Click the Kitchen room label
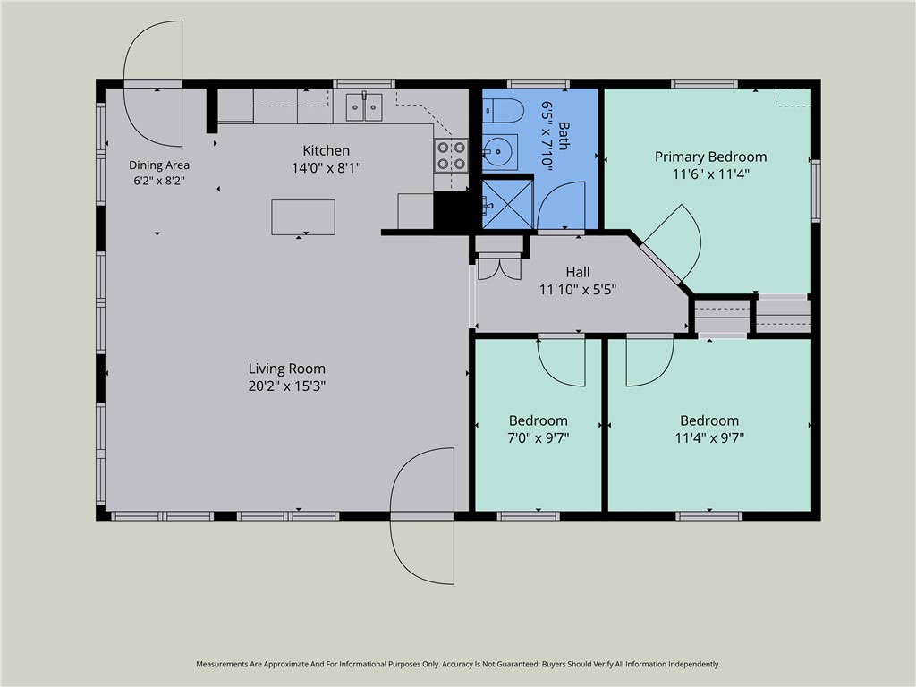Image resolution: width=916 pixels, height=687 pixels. click(x=326, y=150)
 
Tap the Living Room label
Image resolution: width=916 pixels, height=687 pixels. click(x=287, y=369)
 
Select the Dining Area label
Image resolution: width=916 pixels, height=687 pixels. click(x=159, y=165)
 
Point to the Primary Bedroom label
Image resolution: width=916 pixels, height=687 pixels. click(x=710, y=157)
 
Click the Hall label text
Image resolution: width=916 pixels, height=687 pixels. click(x=578, y=272)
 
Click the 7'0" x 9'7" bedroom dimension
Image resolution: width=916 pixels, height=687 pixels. click(x=538, y=437)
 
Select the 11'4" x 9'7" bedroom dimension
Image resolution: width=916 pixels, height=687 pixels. click(x=709, y=437)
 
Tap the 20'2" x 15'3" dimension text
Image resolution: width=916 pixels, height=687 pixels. click(x=287, y=386)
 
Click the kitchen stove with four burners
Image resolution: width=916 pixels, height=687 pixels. click(x=451, y=156)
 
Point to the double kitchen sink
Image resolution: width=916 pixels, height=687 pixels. click(x=364, y=107)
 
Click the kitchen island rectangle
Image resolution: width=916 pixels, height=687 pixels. click(x=303, y=217)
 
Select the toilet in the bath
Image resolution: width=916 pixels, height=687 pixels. click(x=503, y=110)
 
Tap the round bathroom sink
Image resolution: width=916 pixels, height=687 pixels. click(x=499, y=152)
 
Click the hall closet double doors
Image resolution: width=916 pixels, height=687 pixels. click(x=499, y=268)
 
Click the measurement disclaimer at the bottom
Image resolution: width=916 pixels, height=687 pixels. click(x=458, y=664)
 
